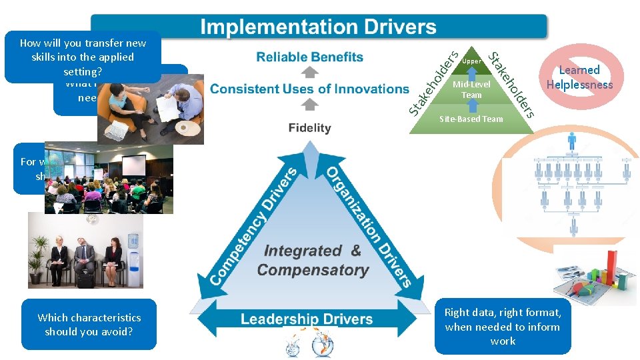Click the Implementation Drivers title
pos(319,27)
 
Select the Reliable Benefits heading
pos(309,57)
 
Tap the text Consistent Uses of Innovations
pos(309,89)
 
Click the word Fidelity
pos(309,127)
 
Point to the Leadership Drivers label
pos(307,319)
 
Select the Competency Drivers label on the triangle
pos(243,227)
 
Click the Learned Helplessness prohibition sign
pos(579,77)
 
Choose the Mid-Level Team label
pos(471,89)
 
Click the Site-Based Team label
pos(471,119)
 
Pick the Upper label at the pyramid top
pos(471,61)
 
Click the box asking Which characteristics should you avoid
pos(89,325)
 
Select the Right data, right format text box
pos(503,327)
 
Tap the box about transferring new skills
pos(83,57)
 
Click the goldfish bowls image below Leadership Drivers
pos(308,343)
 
